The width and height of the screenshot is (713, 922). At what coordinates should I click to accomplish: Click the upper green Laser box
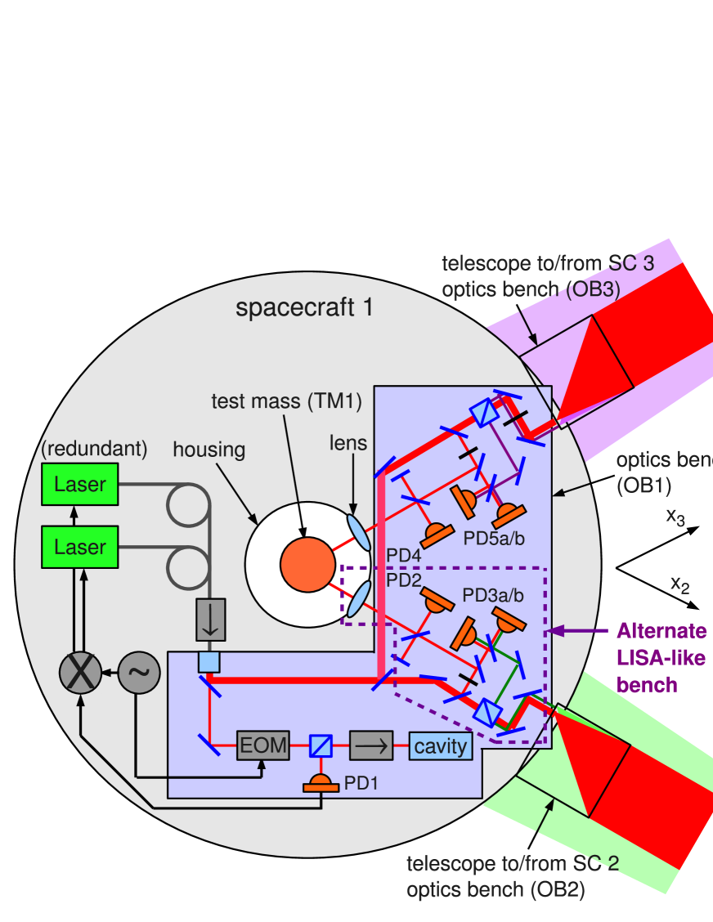click(80, 484)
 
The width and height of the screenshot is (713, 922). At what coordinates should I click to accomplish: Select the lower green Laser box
click(80, 547)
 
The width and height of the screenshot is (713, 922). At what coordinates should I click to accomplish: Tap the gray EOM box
click(262, 745)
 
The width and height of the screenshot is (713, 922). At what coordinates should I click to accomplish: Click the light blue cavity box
click(441, 745)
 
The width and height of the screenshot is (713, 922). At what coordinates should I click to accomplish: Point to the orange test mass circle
click(307, 564)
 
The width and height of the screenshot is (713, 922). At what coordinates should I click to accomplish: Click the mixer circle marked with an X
click(80, 674)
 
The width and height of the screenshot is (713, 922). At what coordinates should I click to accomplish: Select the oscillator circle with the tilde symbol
click(139, 674)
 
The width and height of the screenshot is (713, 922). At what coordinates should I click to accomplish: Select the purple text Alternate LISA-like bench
click(660, 658)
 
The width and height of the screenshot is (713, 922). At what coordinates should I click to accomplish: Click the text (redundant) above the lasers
click(94, 448)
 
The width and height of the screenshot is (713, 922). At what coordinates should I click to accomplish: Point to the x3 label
click(675, 517)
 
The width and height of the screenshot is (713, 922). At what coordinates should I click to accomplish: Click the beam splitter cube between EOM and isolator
click(321, 745)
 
